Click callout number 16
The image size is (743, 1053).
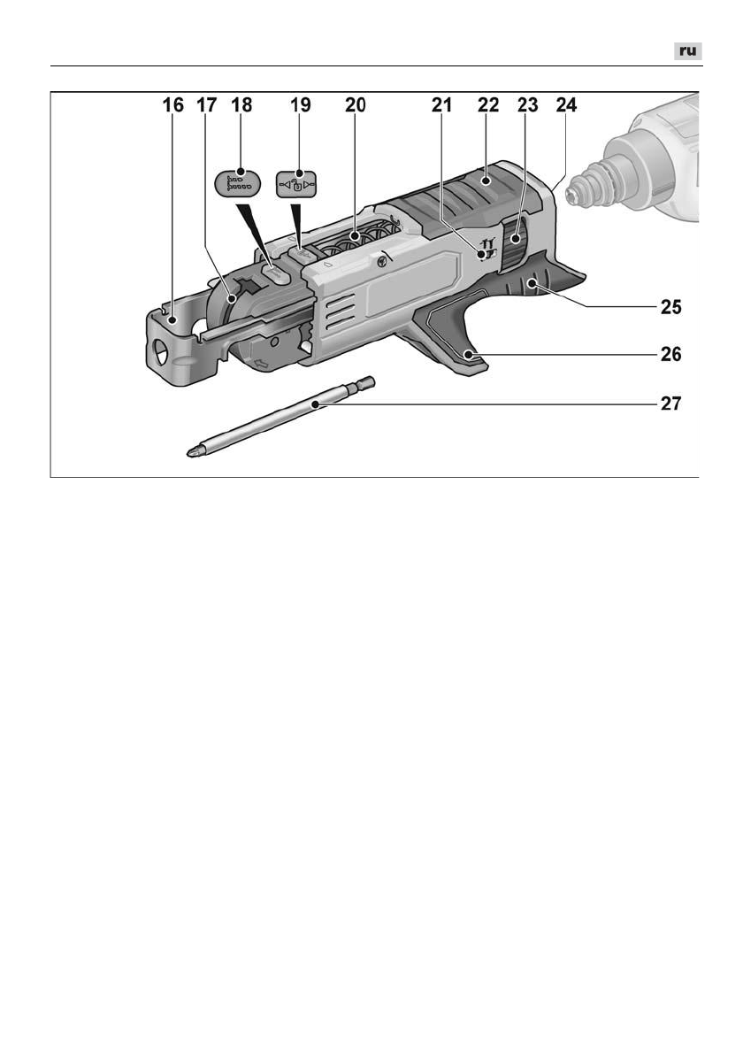click(x=172, y=105)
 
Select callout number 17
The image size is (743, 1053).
click(x=206, y=105)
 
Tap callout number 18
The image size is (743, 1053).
click(x=241, y=105)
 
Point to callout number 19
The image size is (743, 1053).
click(x=301, y=105)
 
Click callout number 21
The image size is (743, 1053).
click(x=441, y=105)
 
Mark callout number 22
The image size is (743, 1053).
click(x=487, y=105)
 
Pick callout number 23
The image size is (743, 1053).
click(x=528, y=105)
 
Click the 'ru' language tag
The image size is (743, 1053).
click(x=686, y=52)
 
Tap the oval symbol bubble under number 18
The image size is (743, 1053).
click(x=239, y=184)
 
